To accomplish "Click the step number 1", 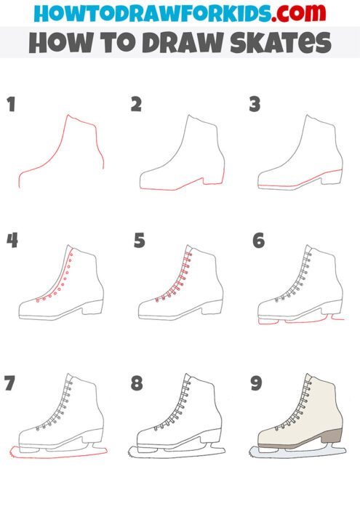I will pyautogui.click(x=11, y=104).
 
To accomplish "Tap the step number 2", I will pyautogui.click(x=136, y=104).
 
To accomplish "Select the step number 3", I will pyautogui.click(x=255, y=104).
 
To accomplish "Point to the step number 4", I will pyautogui.click(x=12, y=239).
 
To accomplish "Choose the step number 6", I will pyautogui.click(x=258, y=239).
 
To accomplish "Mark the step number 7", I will pyautogui.click(x=10, y=383).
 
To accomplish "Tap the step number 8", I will pyautogui.click(x=136, y=383).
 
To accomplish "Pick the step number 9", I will pyautogui.click(x=256, y=383).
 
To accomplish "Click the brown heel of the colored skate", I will pyautogui.click(x=333, y=436).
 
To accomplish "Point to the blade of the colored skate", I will pyautogui.click(x=298, y=454).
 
